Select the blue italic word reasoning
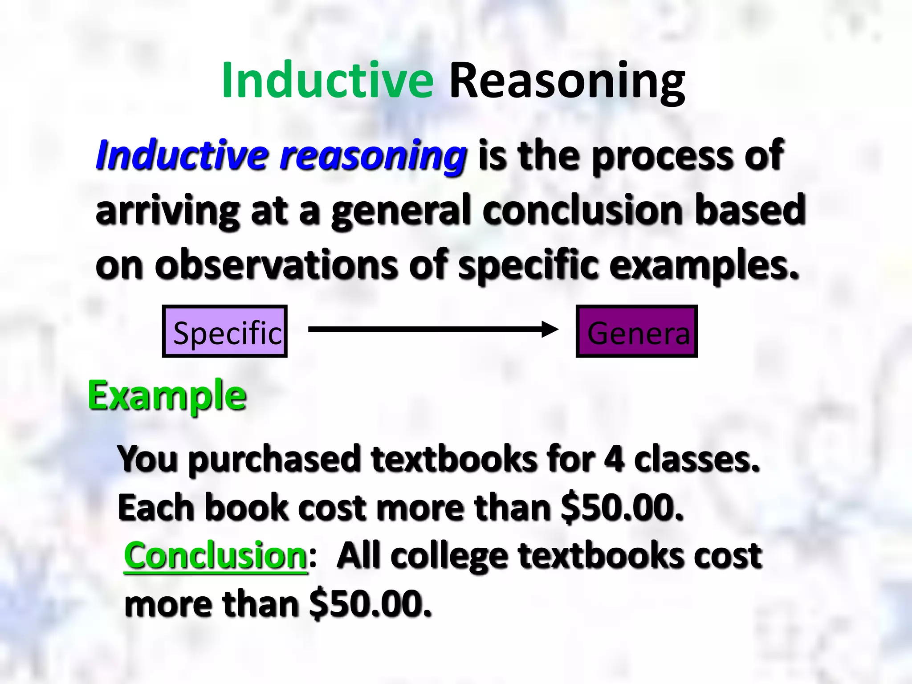click(x=373, y=155)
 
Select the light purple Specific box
click(x=225, y=332)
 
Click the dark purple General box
click(x=637, y=332)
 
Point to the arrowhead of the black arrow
click(x=551, y=330)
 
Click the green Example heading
click(x=167, y=395)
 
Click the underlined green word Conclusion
click(x=216, y=556)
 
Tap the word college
click(x=450, y=557)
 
